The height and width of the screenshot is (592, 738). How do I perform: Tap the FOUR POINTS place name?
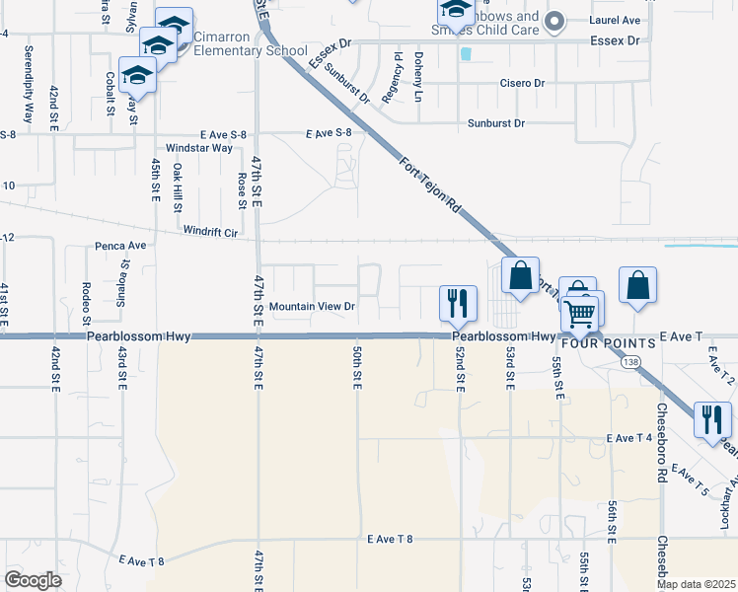(x=612, y=343)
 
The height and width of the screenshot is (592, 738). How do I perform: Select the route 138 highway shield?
(x=629, y=362)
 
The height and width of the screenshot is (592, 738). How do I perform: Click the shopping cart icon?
(x=580, y=314)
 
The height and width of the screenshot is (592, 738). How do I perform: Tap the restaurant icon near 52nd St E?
(x=457, y=302)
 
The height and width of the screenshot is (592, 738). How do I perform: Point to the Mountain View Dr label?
(x=312, y=306)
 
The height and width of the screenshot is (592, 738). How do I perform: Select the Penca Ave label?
(x=120, y=245)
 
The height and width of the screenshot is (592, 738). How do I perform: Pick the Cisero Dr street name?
(x=522, y=84)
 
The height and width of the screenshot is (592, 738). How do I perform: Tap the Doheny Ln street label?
(x=418, y=78)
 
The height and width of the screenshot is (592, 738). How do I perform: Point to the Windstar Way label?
(x=199, y=148)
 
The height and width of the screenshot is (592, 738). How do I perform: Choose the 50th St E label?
(x=357, y=367)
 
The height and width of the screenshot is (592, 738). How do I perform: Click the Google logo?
(x=33, y=579)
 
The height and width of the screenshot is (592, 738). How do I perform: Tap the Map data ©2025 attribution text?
(x=696, y=584)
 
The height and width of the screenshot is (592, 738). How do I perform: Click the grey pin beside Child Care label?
(x=554, y=20)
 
